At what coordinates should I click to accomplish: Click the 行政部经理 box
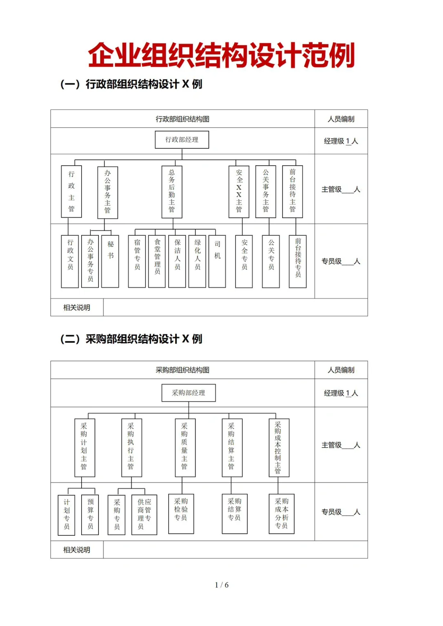pos(182,140)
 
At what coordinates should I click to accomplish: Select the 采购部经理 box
pos(188,393)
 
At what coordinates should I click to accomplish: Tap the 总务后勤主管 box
pos(172,191)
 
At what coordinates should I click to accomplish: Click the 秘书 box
pos(110,261)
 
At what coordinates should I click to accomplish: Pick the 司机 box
pos(217,261)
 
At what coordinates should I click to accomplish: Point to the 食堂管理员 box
pos(157,261)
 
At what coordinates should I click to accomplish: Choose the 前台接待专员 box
pos(298,261)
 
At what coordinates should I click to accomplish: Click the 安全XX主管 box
pos(239,191)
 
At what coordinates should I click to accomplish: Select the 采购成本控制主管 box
pos(279,448)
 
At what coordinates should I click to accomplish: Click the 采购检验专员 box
pos(181,514)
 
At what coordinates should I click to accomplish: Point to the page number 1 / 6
pos(221,585)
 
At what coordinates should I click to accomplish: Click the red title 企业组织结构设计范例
pos(221,55)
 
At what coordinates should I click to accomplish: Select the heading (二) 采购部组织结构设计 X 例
pos(131,339)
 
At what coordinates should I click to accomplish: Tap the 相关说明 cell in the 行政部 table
pos(77,307)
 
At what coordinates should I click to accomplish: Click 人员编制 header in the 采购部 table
pos(341,370)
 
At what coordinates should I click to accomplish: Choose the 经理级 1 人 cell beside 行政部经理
pos(341,141)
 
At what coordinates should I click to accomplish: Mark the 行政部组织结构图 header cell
pos(183,119)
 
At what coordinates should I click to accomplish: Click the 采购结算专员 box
pos(235,514)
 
